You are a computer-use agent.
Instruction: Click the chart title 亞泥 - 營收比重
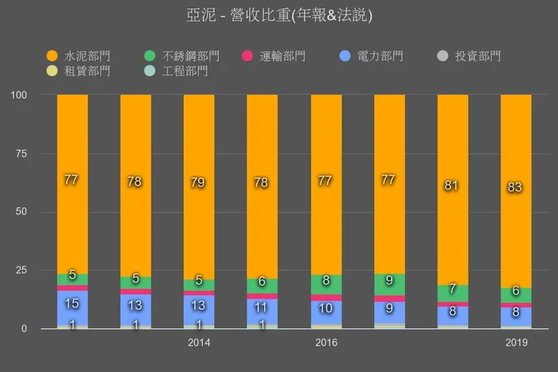[x=279, y=14]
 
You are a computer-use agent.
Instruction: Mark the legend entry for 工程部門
[x=185, y=71]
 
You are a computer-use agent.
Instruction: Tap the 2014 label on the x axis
[x=199, y=343]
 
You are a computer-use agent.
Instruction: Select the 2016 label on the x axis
[x=326, y=343]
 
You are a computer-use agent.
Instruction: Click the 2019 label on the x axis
[x=516, y=343]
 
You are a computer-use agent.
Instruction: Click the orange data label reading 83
[x=516, y=187]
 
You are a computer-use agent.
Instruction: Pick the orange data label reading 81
[x=452, y=186]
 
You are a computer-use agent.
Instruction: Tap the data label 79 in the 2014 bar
[x=199, y=183]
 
